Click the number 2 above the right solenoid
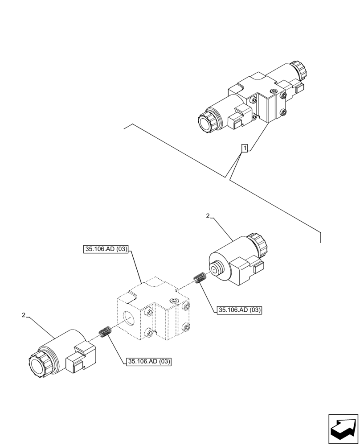click(x=208, y=216)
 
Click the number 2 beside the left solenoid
click(x=23, y=315)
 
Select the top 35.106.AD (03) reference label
click(x=106, y=250)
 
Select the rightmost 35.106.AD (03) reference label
click(x=239, y=310)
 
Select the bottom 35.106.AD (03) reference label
click(x=149, y=361)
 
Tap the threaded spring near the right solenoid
click(x=199, y=278)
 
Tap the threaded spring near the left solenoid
click(x=105, y=332)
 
